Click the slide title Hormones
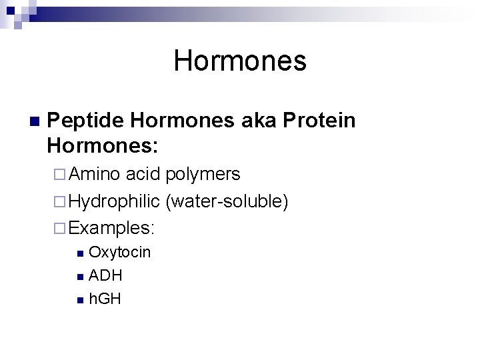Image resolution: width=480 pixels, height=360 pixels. click(x=240, y=61)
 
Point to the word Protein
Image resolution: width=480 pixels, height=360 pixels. click(x=319, y=121)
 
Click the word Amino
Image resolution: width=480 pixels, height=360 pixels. click(x=94, y=175)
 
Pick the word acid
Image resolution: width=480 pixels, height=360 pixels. click(x=143, y=175)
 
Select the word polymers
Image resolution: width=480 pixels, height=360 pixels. click(x=203, y=175)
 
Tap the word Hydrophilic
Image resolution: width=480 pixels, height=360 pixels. click(x=114, y=201)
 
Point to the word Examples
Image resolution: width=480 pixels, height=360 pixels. click(x=111, y=228)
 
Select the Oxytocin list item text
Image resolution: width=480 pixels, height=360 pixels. click(x=120, y=253)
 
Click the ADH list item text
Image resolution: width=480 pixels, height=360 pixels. click(x=105, y=275)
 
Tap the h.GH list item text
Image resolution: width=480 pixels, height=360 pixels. click(x=105, y=299)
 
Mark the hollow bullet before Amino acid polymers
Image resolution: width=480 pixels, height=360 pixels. click(x=60, y=175)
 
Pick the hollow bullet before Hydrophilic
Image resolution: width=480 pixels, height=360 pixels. click(x=60, y=201)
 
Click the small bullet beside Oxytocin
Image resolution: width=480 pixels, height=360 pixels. click(x=80, y=253)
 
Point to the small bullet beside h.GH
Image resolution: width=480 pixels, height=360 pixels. click(x=80, y=299)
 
